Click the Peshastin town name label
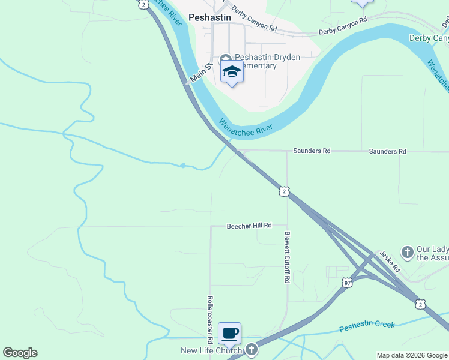[209, 17]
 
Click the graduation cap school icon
[232, 73]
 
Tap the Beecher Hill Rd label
[249, 226]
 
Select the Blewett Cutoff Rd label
[288, 258]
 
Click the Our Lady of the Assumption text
[432, 253]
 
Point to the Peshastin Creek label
[367, 326]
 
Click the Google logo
[20, 353]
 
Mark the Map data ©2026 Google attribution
[412, 355]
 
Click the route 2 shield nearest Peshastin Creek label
[421, 304]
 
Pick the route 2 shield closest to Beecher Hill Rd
[285, 191]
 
